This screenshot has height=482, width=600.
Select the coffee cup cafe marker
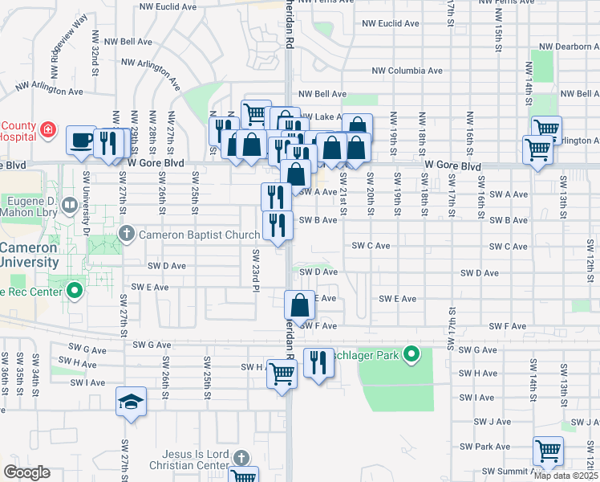pos(80,140)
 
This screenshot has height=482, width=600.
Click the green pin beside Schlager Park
pos(411,353)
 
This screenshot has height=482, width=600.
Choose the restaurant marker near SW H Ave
pos(319,364)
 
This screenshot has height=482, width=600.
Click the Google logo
pos(26,472)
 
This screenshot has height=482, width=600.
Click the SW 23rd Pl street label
pos(256,265)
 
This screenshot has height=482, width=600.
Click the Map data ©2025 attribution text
pos(566,476)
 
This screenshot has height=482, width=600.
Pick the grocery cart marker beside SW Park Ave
pos(548,451)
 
